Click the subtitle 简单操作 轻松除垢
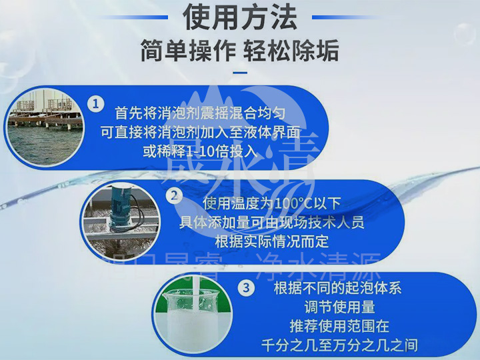pyautogui.click(x=240, y=50)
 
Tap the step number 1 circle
pyautogui.click(x=96, y=105)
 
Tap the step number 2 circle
pyautogui.click(x=175, y=195)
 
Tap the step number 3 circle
pyautogui.click(x=246, y=288)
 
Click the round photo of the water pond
pyautogui.click(x=45, y=126)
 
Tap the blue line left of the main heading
pyautogui.click(x=140, y=17)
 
